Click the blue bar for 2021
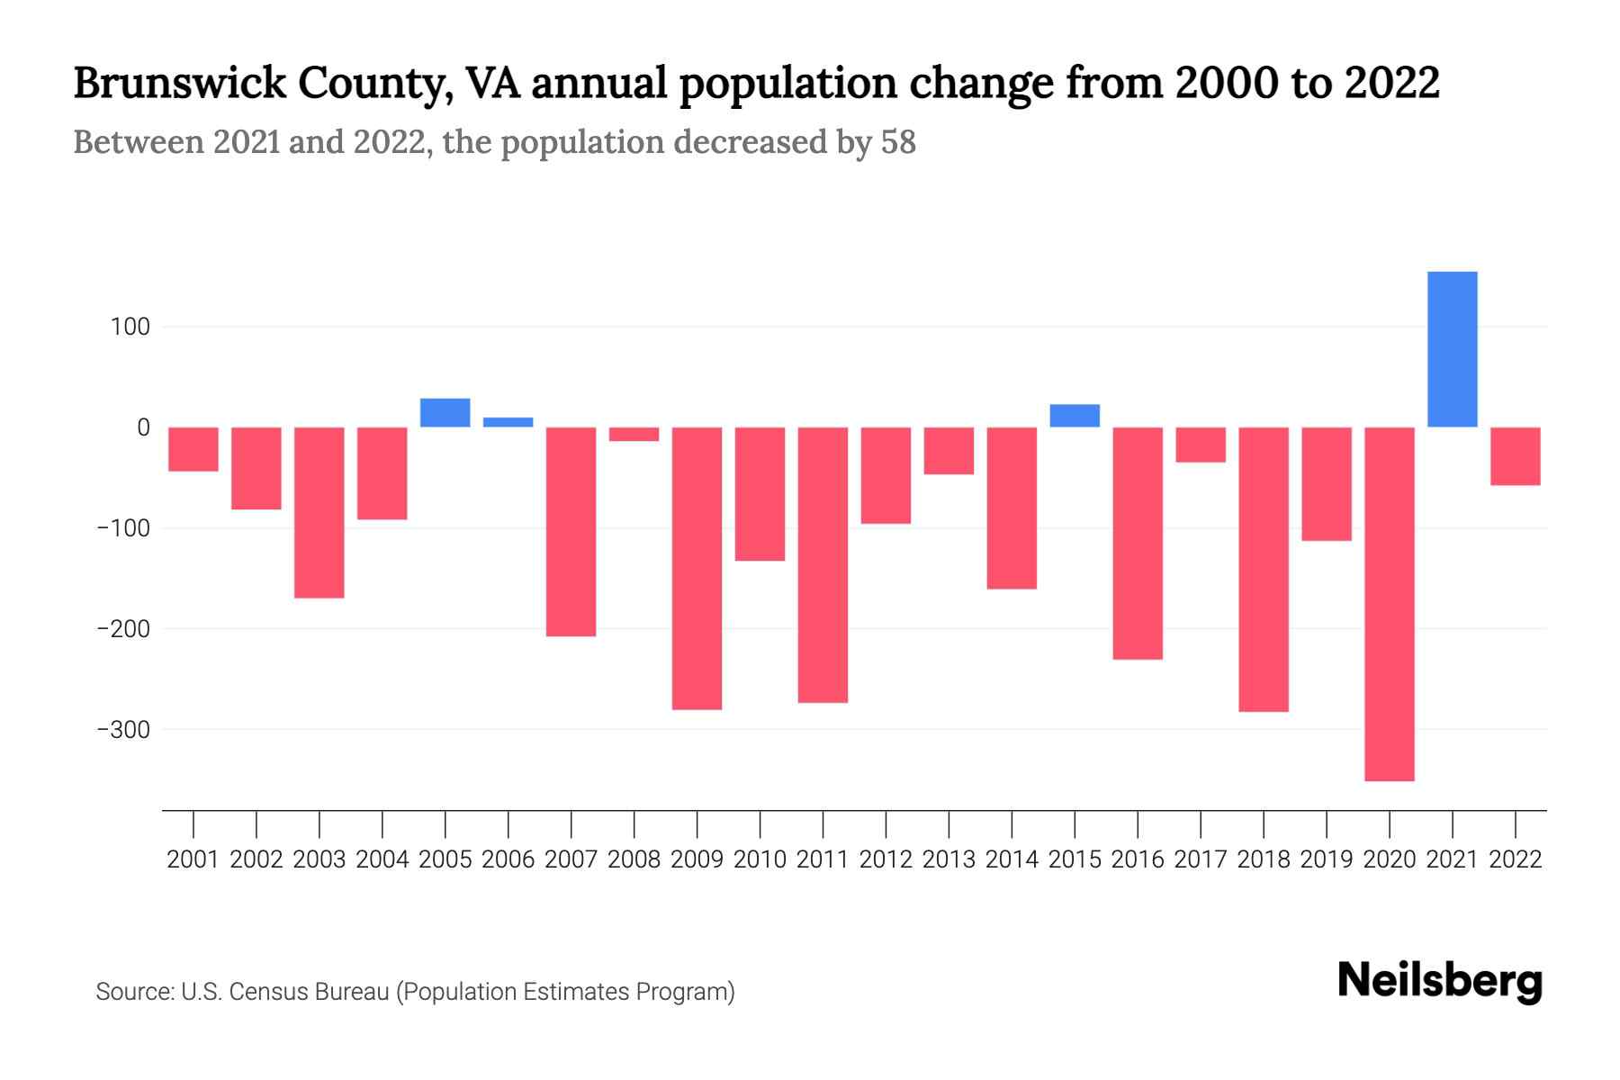pyautogui.click(x=1452, y=349)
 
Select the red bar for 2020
pyautogui.click(x=1389, y=603)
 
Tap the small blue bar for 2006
pyautogui.click(x=508, y=422)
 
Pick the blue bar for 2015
pyautogui.click(x=1074, y=416)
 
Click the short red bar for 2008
pyautogui.click(x=634, y=434)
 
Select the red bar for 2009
pyautogui.click(x=697, y=568)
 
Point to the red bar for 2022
pyautogui.click(x=1515, y=456)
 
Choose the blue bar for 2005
pyautogui.click(x=445, y=412)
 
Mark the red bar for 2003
pyautogui.click(x=319, y=512)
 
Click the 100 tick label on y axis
pyautogui.click(x=130, y=327)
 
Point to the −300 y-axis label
pyautogui.click(x=123, y=729)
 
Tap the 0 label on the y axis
pyautogui.click(x=142, y=427)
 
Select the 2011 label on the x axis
pyautogui.click(x=823, y=859)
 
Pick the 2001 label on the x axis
pyautogui.click(x=193, y=859)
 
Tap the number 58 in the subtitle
pyautogui.click(x=897, y=142)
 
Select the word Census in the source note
pyautogui.click(x=266, y=992)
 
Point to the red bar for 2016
pyautogui.click(x=1137, y=543)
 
